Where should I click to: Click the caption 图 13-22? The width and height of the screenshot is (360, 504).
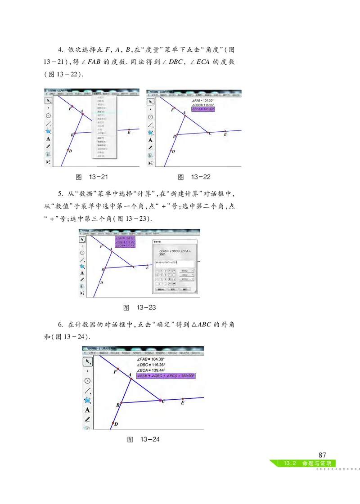pos(194,177)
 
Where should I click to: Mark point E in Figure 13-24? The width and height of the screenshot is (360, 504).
pos(182,398)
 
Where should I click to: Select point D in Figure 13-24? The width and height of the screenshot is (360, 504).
pos(112,423)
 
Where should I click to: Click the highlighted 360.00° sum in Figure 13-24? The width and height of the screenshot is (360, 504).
pos(166,376)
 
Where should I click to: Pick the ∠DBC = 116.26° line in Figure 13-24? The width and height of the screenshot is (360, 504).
pos(151,365)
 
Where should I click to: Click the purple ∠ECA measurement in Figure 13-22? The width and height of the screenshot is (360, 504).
pos(202,109)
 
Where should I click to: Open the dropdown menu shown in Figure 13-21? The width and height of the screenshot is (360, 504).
pos(104,126)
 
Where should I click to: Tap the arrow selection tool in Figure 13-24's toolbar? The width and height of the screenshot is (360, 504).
pos(87,361)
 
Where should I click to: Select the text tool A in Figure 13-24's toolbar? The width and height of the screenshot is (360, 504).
pos(87,410)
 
